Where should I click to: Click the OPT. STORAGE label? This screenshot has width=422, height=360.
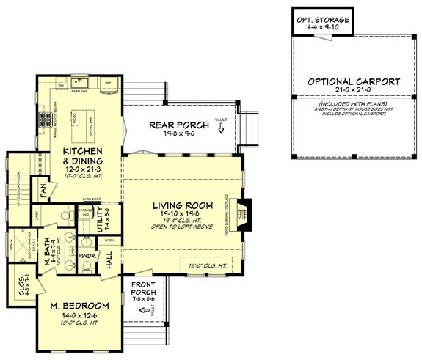coord(322,18)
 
